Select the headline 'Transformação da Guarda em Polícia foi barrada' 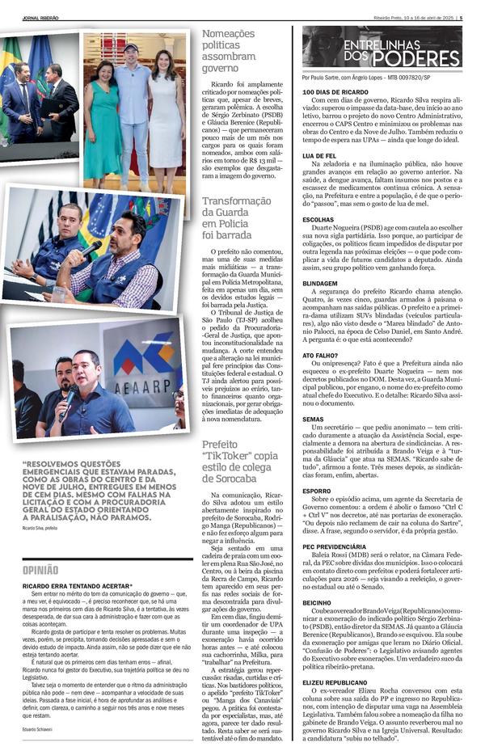coord(236,217)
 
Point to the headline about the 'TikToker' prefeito coord(238,461)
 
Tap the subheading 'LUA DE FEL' coord(318,155)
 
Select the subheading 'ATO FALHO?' coord(320,354)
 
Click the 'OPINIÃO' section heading coord(40,570)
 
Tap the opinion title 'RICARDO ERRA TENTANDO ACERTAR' coord(77,584)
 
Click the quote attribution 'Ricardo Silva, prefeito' coord(40,528)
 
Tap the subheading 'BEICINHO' coord(317,602)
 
